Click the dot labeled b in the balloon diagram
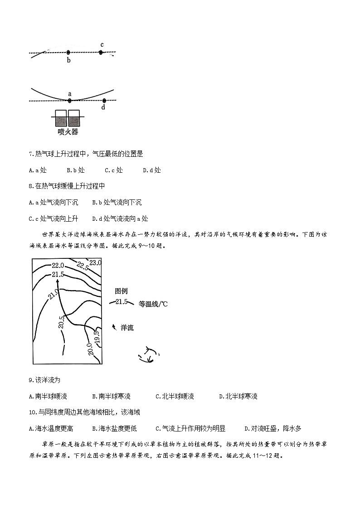68,53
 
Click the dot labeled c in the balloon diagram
101,53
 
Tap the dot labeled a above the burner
70,100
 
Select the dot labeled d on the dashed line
104,101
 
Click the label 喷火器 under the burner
68,132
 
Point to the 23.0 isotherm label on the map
95,262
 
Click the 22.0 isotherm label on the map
58,265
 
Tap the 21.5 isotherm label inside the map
58,275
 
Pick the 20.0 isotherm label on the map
90,350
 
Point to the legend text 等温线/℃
153,304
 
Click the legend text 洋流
127,328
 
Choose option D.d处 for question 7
152,170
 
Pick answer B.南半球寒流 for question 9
111,396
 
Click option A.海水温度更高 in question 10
51,428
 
